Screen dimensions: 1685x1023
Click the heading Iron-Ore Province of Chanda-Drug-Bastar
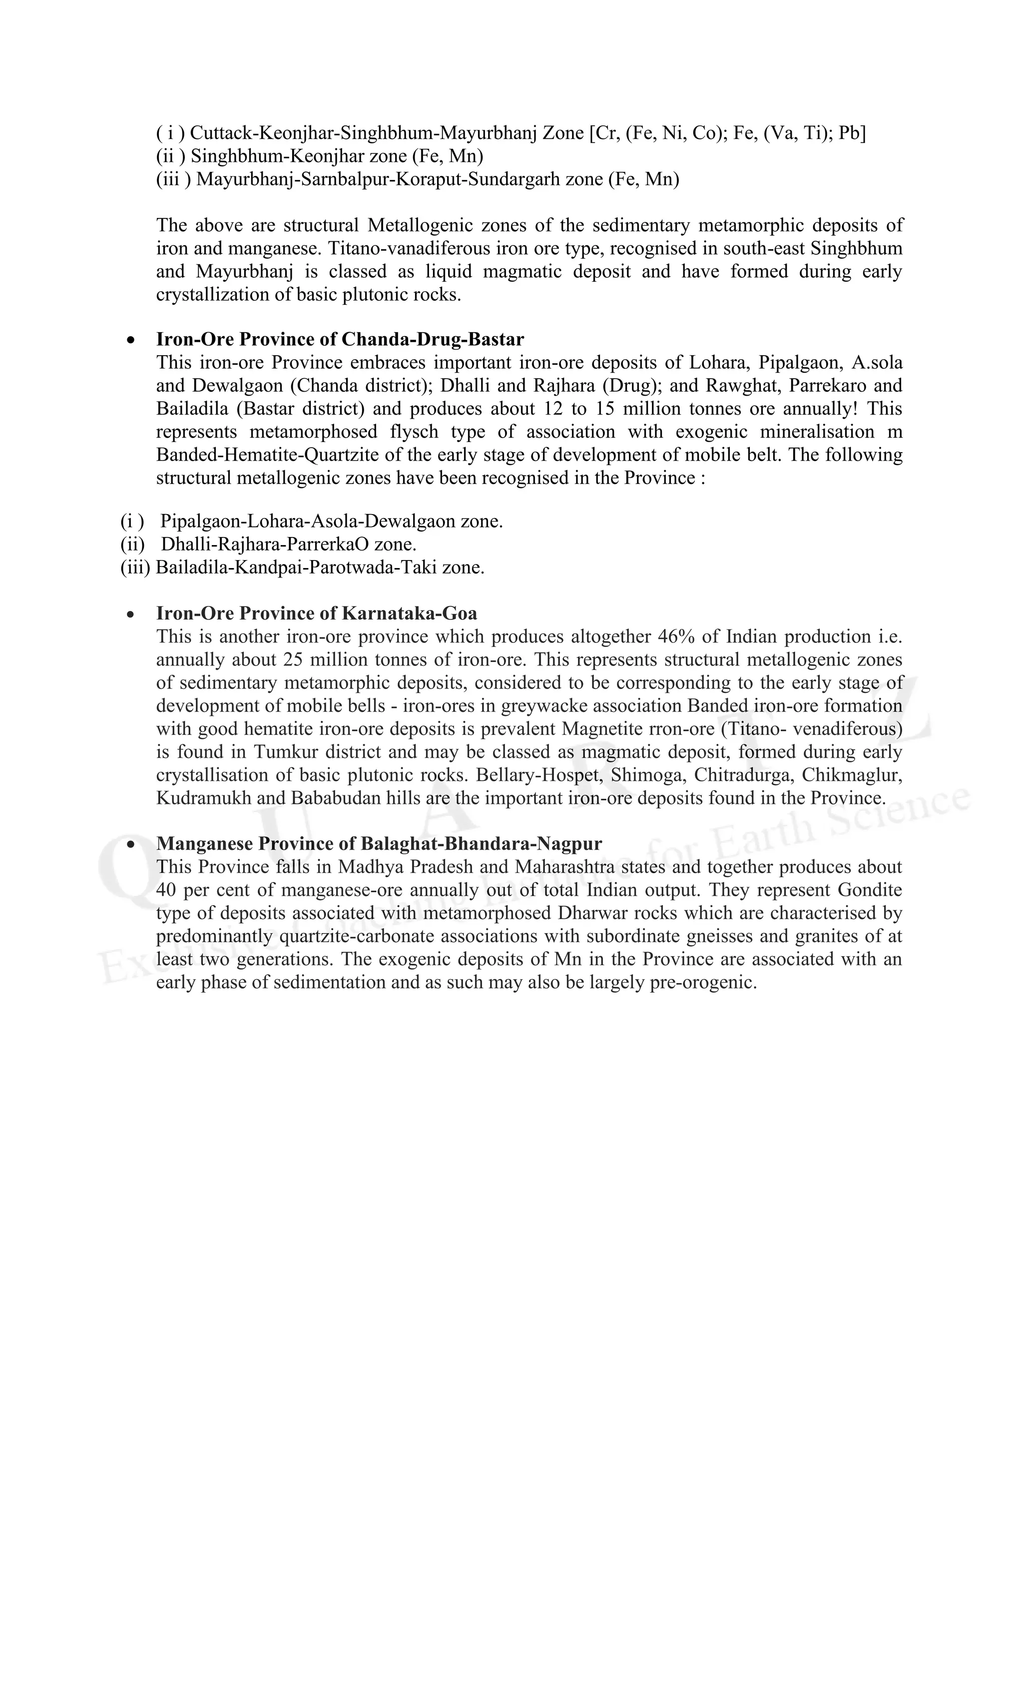[340, 339]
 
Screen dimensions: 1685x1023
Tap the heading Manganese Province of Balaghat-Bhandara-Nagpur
[379, 843]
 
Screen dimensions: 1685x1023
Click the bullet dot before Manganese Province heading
[130, 845]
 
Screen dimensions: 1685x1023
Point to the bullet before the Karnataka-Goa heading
[130, 614]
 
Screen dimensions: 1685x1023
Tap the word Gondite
[871, 890]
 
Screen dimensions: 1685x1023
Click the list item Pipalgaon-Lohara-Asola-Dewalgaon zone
[332, 522]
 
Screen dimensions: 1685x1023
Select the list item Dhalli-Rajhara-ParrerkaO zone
[289, 545]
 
